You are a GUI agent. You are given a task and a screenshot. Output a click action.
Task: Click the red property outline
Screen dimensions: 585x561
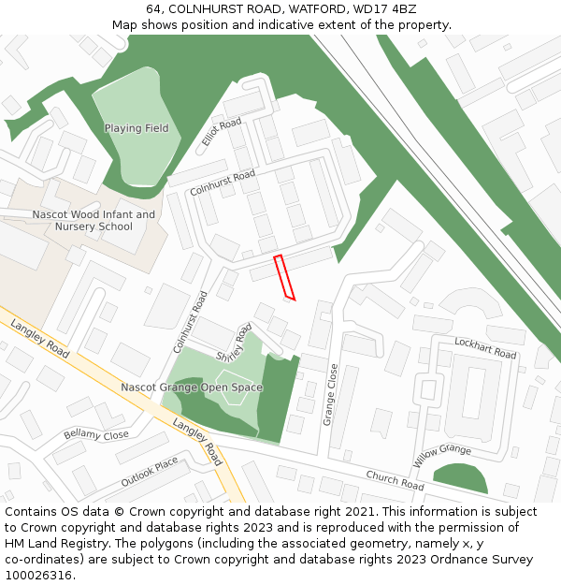coord(284,277)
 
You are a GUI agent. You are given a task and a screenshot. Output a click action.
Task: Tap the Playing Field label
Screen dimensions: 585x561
coord(137,128)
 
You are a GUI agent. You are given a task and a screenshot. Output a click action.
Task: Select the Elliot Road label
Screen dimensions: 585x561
coord(222,132)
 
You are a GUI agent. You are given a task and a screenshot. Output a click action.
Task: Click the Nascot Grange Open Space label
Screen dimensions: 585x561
coord(192,388)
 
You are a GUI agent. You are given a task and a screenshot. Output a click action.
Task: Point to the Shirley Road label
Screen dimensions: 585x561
coord(235,344)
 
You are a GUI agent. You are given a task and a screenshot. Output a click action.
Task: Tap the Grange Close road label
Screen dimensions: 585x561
coord(330,395)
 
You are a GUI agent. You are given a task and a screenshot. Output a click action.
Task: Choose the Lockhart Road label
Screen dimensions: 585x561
coord(485,348)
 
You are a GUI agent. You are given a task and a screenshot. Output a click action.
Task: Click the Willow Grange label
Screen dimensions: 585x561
coord(442,455)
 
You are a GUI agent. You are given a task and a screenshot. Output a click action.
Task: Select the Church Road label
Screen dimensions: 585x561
coord(395,480)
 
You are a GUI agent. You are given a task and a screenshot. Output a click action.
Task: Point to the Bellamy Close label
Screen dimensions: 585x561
coord(96,435)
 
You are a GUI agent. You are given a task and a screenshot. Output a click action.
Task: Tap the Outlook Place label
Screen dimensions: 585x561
coord(149,473)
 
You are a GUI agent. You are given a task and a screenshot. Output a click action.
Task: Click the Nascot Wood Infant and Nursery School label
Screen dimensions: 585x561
coord(93,221)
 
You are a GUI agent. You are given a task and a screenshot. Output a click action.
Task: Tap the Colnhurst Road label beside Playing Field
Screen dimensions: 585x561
coord(223,183)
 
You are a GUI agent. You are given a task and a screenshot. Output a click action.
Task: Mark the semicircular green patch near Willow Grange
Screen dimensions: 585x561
coord(461,480)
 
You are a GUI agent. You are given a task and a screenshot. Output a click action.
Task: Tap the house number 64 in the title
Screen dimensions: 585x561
coord(153,9)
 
